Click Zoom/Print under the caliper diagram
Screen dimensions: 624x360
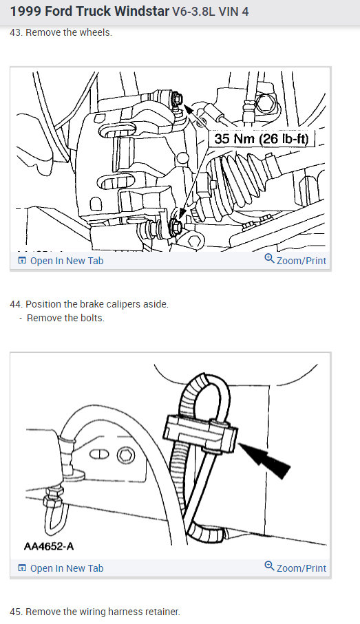click(295, 261)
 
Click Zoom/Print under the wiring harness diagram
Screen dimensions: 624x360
click(295, 568)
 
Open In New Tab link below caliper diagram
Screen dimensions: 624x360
click(61, 261)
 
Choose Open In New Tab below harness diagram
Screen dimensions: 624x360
click(61, 568)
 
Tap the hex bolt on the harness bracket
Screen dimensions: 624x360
click(125, 455)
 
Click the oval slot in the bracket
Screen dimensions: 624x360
click(98, 453)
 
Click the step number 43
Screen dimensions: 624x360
click(15, 33)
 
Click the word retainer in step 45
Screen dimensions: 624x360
click(161, 612)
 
